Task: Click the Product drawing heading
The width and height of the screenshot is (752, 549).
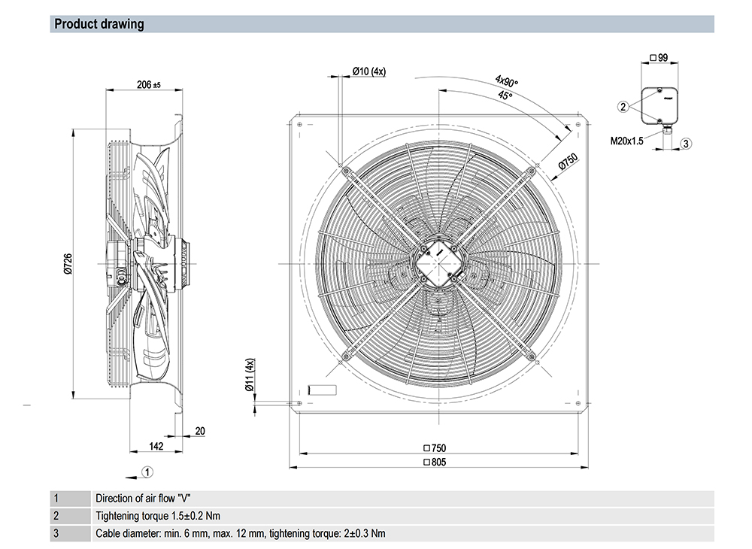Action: pyautogui.click(x=99, y=24)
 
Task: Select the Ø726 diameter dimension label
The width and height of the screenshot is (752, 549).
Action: pyautogui.click(x=68, y=263)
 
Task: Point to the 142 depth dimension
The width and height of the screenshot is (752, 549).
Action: pyautogui.click(x=156, y=446)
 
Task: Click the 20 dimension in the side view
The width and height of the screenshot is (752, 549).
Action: pyautogui.click(x=199, y=431)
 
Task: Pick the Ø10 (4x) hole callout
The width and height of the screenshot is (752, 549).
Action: pyautogui.click(x=368, y=71)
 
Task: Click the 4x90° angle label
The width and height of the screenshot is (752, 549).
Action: pyautogui.click(x=506, y=80)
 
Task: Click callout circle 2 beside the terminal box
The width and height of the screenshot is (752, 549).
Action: pyautogui.click(x=623, y=107)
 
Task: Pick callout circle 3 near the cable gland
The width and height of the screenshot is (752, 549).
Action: pyautogui.click(x=686, y=143)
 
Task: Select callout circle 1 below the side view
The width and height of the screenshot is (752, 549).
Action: pyautogui.click(x=148, y=472)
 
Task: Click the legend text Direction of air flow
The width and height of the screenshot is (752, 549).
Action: pyautogui.click(x=144, y=498)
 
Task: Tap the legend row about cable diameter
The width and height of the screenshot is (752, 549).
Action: pyautogui.click(x=241, y=534)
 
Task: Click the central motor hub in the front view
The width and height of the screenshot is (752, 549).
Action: pyautogui.click(x=437, y=263)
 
